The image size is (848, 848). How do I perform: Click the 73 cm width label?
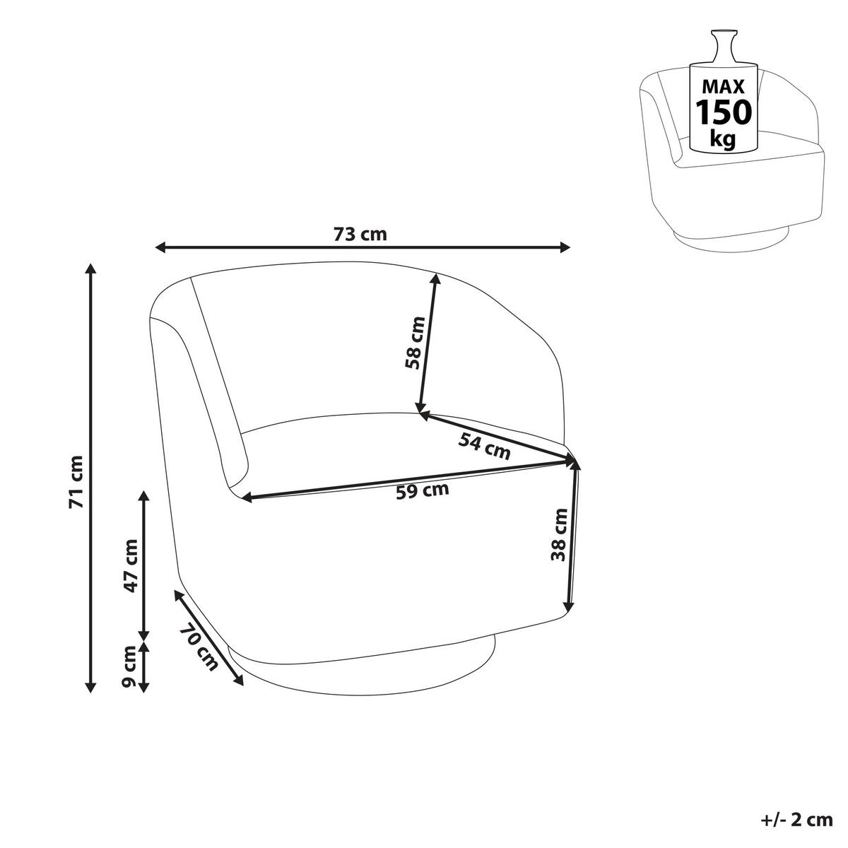[360, 234]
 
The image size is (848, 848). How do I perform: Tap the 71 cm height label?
[76, 482]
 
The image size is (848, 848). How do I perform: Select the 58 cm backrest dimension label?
[415, 343]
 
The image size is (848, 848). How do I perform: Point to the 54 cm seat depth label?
[484, 446]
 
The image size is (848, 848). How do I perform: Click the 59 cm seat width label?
[423, 490]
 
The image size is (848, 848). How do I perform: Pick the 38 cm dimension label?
[559, 535]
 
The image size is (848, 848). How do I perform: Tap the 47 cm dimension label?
[130, 565]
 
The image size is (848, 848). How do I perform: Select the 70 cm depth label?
[199, 647]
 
